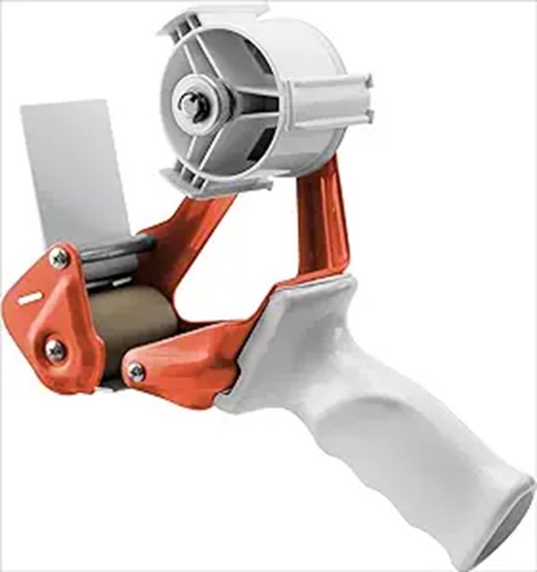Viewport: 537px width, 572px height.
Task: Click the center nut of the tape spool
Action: pyautogui.click(x=193, y=105)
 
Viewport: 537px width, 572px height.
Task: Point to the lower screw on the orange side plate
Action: pyautogui.click(x=55, y=350)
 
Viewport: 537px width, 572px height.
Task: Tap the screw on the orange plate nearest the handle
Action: pyautogui.click(x=136, y=371)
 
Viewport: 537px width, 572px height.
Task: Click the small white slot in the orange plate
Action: pyautogui.click(x=30, y=299)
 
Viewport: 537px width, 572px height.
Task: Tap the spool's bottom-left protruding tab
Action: pyautogui.click(x=187, y=182)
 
